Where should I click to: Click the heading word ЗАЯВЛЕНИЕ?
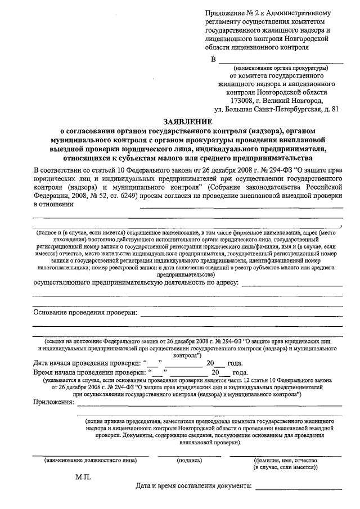pos(188,121)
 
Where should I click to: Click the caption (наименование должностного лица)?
pos(91,459)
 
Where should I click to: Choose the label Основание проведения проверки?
pos(85,312)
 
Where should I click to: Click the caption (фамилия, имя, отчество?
pos(286,459)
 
